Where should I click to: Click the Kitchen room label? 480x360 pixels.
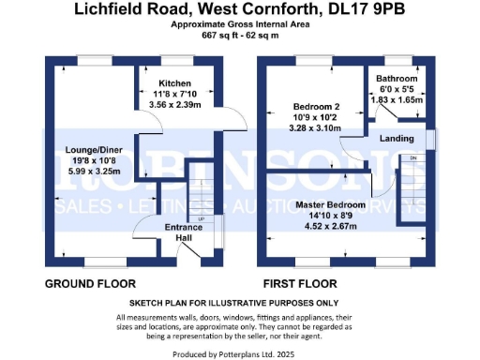(175, 82)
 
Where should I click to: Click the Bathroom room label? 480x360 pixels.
(393, 80)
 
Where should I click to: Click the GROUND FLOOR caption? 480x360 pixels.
(90, 282)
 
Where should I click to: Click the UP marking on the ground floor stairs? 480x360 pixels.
(201, 219)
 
